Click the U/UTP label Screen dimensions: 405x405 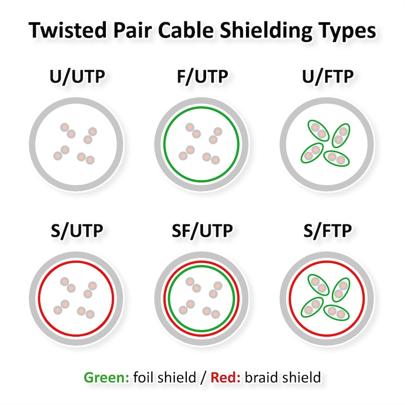pyautogui.click(x=77, y=76)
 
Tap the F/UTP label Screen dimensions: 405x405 pyautogui.click(x=202, y=76)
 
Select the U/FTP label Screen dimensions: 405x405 pyautogui.click(x=328, y=76)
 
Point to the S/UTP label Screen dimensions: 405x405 pyautogui.click(x=77, y=231)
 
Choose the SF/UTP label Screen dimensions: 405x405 pyautogui.click(x=202, y=231)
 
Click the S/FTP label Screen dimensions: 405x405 pyautogui.click(x=328, y=231)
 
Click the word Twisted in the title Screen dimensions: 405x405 pyautogui.click(x=68, y=30)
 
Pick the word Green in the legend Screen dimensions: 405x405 pyautogui.click(x=106, y=377)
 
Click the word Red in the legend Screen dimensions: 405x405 pyautogui.click(x=225, y=377)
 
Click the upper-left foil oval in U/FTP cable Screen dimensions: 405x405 pyautogui.click(x=318, y=131)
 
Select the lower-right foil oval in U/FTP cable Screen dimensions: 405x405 pyautogui.click(x=337, y=158)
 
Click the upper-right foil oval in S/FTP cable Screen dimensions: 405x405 pyautogui.click(x=341, y=290)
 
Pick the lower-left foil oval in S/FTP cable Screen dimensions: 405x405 pyautogui.click(x=312, y=307)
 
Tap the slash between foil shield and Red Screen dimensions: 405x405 pyautogui.click(x=204, y=377)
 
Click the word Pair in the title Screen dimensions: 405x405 pyautogui.click(x=132, y=30)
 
